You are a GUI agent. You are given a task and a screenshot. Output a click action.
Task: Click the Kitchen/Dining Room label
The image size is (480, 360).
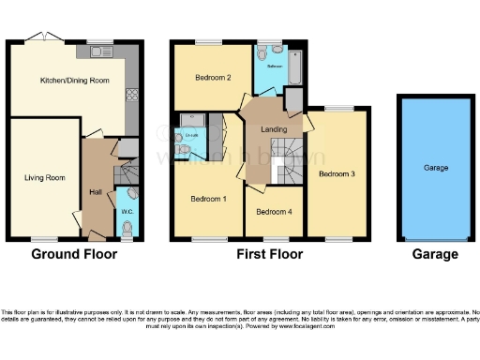coord(74,82)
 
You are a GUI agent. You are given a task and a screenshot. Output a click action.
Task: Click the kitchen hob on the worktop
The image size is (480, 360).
coord(132,94)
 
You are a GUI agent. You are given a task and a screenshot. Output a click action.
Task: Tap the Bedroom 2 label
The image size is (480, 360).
coord(213,78)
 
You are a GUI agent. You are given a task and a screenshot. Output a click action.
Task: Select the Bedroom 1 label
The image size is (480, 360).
coord(208,199)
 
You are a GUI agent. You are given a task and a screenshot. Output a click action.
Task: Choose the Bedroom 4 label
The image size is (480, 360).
coord(275,212)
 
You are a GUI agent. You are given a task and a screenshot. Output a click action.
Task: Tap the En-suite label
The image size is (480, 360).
coord(191,138)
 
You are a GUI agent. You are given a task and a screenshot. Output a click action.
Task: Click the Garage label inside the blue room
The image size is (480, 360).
coord(436,169)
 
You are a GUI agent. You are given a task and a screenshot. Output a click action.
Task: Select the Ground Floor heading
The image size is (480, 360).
coord(74,254)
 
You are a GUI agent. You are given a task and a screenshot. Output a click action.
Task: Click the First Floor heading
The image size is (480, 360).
coord(270,254)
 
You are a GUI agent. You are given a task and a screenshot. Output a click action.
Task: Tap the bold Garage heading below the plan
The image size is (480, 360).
coord(436,254)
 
